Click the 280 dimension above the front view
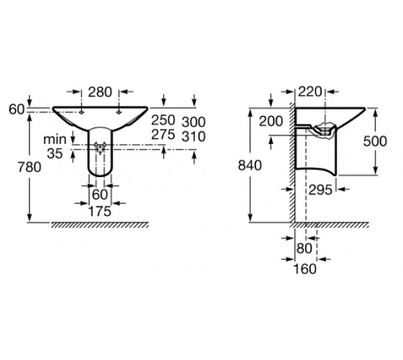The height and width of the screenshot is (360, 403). (x=100, y=92)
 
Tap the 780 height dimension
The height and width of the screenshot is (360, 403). (x=30, y=167)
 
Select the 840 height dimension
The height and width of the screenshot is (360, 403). (x=250, y=166)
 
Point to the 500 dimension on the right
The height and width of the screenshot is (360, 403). (x=375, y=141)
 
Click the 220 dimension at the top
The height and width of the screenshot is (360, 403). (x=310, y=92)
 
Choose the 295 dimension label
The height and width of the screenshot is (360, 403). (x=320, y=190)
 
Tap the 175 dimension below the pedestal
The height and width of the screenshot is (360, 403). (x=100, y=212)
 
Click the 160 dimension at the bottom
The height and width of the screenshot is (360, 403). (x=305, y=269)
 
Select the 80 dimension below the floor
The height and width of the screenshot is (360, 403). (x=304, y=248)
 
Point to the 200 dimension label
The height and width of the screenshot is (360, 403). (x=271, y=122)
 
